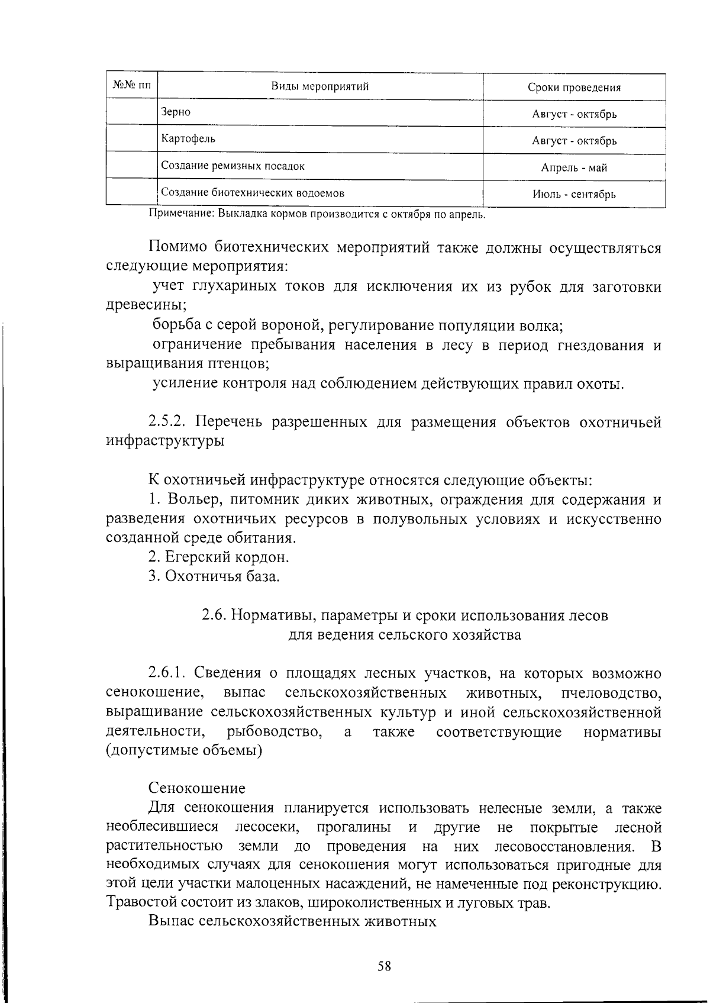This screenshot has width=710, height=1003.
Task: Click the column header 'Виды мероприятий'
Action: [319, 87]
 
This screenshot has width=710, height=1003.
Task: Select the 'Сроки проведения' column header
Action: [574, 88]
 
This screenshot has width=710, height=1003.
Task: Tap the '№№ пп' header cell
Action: [131, 87]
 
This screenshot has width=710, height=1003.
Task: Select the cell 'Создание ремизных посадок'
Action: [233, 166]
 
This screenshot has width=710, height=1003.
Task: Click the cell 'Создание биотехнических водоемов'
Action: [253, 193]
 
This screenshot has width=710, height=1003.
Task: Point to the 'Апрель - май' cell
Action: [574, 168]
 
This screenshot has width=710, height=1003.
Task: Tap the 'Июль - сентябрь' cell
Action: [574, 195]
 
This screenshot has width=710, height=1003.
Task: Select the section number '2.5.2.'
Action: [167, 423]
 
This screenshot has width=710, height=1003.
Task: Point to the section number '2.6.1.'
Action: [167, 673]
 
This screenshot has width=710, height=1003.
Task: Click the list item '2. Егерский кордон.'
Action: [219, 557]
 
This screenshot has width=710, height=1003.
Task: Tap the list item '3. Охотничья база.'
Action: [214, 576]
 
